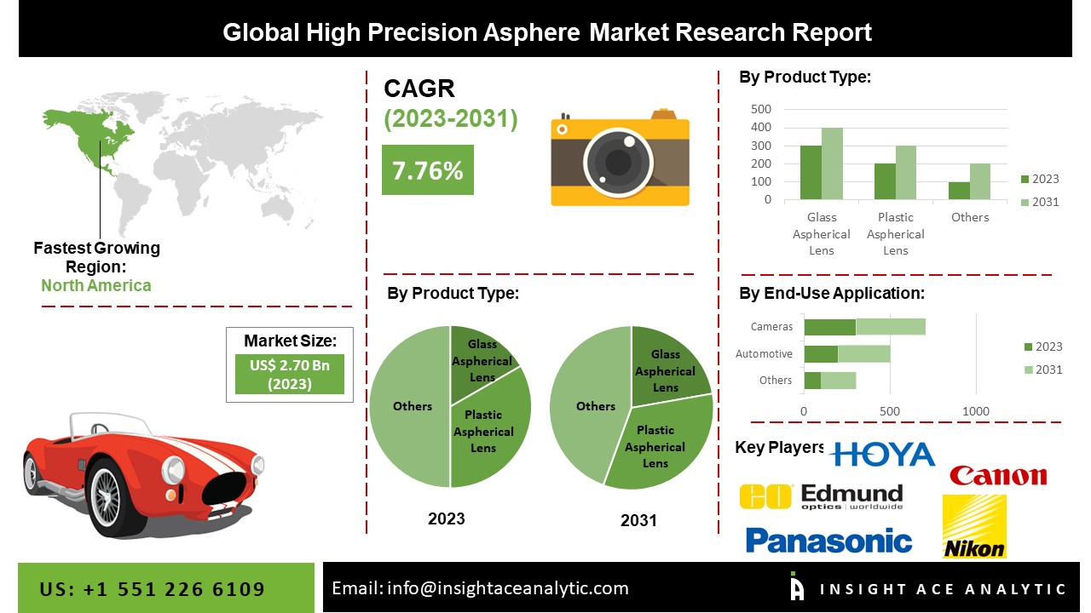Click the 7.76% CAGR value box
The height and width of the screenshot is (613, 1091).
pyautogui.click(x=428, y=169)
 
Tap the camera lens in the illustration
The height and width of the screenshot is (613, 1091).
pyautogui.click(x=619, y=163)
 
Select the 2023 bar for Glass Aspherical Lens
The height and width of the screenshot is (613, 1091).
pyautogui.click(x=811, y=172)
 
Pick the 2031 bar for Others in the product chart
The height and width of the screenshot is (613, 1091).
pyautogui.click(x=980, y=181)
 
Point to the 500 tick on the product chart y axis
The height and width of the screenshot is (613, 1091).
pyautogui.click(x=761, y=109)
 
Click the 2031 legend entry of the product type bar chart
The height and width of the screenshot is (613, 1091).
pyautogui.click(x=1040, y=202)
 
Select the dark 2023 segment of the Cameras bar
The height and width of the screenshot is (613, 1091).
pyautogui.click(x=830, y=327)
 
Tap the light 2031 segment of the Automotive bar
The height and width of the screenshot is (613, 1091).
pyautogui.click(x=864, y=353)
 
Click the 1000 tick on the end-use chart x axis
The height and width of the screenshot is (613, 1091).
pyautogui.click(x=976, y=411)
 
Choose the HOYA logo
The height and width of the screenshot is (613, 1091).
pyautogui.click(x=882, y=455)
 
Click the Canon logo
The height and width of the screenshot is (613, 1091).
pyautogui.click(x=998, y=476)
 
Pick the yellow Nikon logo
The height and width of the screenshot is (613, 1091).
pyautogui.click(x=974, y=526)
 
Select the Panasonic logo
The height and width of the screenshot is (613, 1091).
pyautogui.click(x=828, y=541)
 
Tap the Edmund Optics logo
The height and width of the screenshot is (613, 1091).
pyautogui.click(x=821, y=496)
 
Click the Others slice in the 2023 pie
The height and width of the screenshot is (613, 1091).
pyautogui.click(x=410, y=407)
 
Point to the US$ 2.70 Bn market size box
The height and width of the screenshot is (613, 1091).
pyautogui.click(x=290, y=374)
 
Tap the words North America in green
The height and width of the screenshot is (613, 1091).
pyautogui.click(x=96, y=285)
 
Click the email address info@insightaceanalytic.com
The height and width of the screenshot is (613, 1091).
pyautogui.click(x=507, y=588)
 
